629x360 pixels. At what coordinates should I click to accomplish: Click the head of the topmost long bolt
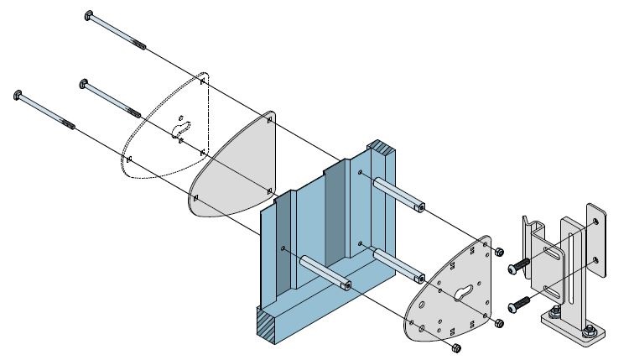pos(90,15)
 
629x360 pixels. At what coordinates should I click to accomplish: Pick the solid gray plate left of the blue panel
pos(231,168)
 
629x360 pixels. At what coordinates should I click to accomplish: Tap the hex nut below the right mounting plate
pos(456,347)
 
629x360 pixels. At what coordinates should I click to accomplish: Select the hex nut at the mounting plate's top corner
pos(499,252)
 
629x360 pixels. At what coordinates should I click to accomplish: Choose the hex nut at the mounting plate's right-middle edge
pos(500,323)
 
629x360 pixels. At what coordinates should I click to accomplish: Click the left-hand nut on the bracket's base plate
pos(555,316)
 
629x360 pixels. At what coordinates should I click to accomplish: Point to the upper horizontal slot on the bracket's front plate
pos(554,248)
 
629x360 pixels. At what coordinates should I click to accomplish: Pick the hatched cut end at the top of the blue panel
pos(387,154)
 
